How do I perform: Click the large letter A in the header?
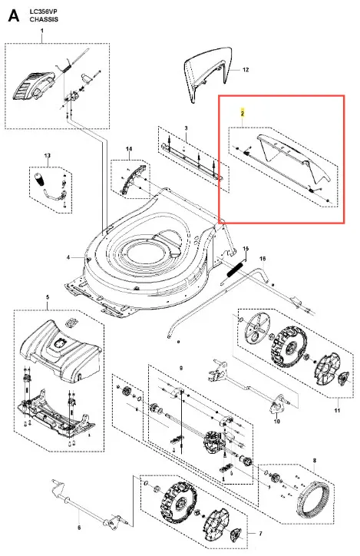tap(14, 15)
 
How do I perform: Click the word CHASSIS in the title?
tap(44, 19)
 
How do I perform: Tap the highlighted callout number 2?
tap(243, 114)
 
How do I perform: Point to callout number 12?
tap(246, 70)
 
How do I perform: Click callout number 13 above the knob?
tap(47, 155)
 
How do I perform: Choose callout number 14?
tap(129, 148)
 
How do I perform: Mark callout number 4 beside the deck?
tap(68, 257)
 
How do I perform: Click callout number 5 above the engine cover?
tap(48, 297)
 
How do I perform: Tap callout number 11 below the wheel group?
tap(337, 410)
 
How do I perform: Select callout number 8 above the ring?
tap(314, 461)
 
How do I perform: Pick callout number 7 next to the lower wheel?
tap(260, 534)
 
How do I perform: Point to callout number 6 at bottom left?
tap(79, 528)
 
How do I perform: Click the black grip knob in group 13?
tap(40, 179)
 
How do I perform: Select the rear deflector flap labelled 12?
tap(208, 74)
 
